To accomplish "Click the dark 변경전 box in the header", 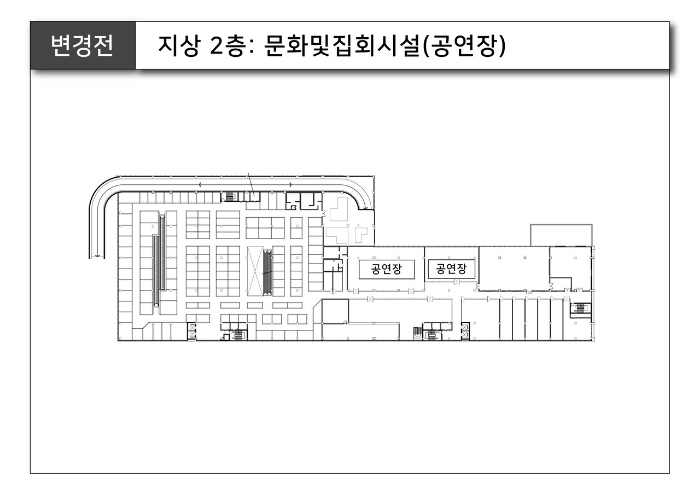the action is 83,45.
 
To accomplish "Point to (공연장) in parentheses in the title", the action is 464,46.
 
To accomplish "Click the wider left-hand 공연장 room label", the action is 386,269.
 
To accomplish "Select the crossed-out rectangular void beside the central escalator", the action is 255,271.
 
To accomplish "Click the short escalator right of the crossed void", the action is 267,270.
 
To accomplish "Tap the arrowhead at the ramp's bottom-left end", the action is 97,254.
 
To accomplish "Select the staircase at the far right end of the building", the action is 579,309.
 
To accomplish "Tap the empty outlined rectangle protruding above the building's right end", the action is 561,235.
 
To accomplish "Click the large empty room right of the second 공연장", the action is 514,269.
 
